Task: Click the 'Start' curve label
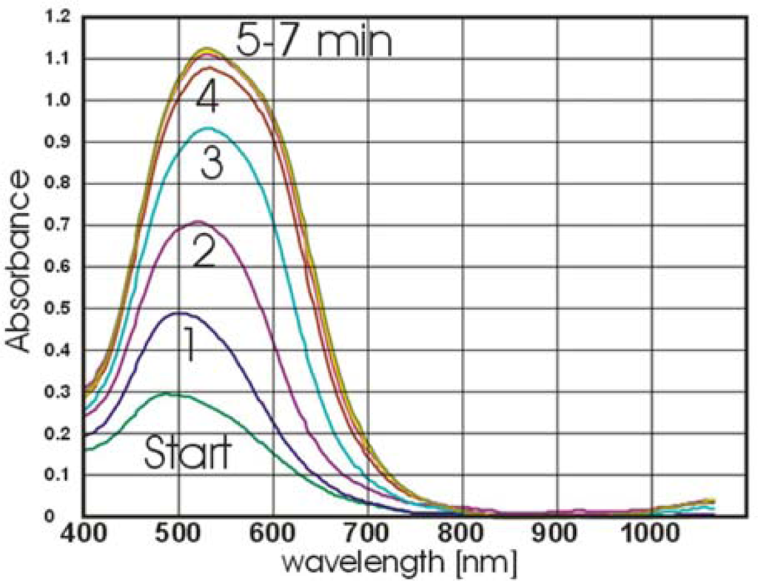[187, 452]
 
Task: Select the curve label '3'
[212, 164]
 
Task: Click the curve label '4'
[207, 98]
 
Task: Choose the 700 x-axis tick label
[367, 535]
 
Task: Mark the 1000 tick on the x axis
[651, 535]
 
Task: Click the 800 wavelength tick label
[462, 535]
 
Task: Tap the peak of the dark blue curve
[178, 312]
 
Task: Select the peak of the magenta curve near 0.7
[198, 221]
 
